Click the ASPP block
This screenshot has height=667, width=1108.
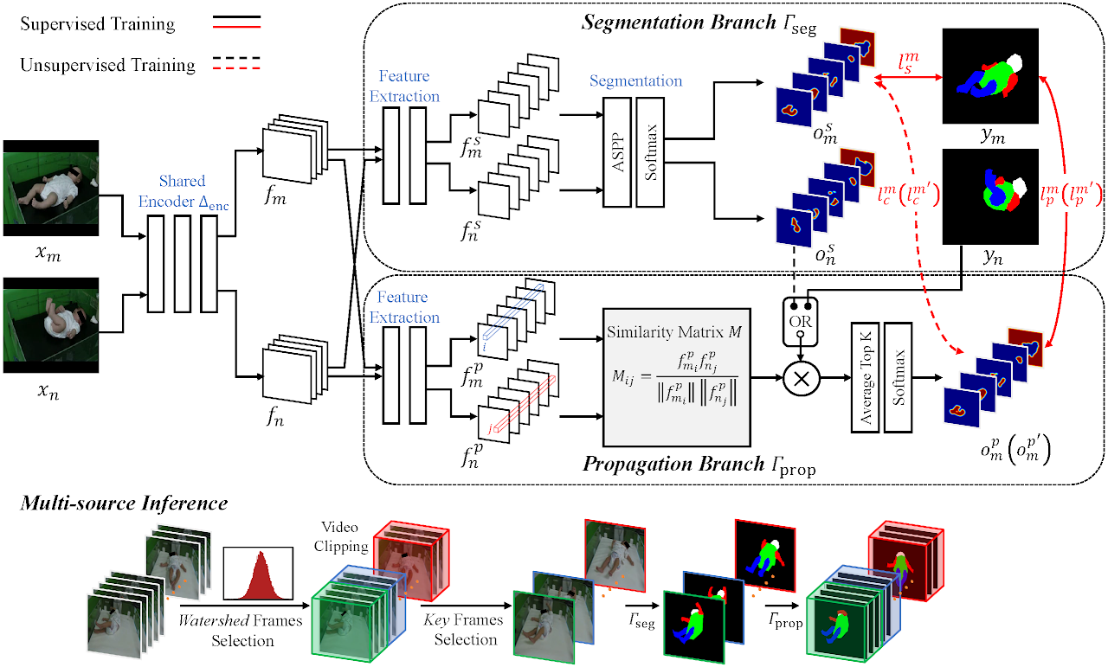tap(617, 152)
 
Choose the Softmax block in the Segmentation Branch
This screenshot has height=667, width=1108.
tap(649, 152)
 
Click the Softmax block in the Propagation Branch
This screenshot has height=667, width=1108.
tap(899, 378)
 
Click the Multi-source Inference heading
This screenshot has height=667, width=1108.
tap(124, 503)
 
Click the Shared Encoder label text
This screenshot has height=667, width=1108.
tap(183, 190)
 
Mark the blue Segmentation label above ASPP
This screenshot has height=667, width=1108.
tap(635, 81)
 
